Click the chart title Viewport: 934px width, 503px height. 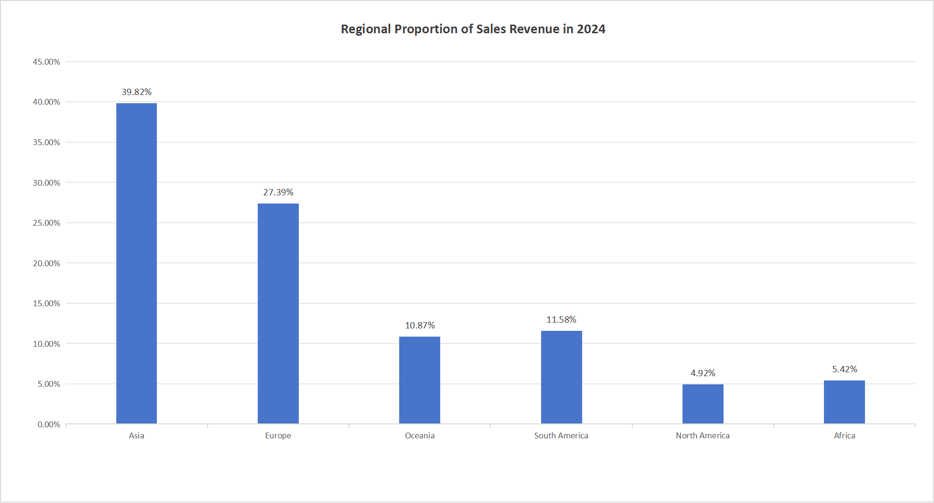(x=473, y=29)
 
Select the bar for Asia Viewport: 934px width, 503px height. (x=137, y=263)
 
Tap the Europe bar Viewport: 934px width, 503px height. (x=278, y=313)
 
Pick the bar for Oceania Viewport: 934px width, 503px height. (x=419, y=380)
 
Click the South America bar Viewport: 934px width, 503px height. (x=561, y=377)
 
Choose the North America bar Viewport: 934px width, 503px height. (x=703, y=404)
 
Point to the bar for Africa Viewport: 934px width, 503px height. (x=844, y=402)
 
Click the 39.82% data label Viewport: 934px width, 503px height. (x=137, y=92)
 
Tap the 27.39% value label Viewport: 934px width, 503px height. (x=278, y=192)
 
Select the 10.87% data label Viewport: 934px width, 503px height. (x=419, y=326)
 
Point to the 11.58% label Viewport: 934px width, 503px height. (x=561, y=320)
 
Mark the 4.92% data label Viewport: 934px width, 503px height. (x=703, y=373)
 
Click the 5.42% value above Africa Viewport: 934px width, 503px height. (x=844, y=369)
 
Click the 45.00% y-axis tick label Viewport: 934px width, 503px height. (x=46, y=62)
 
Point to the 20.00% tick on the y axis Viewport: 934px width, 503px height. (x=46, y=263)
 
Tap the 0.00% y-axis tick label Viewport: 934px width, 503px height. (x=49, y=424)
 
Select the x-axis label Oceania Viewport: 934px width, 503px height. (x=419, y=435)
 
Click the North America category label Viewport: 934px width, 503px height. (x=703, y=435)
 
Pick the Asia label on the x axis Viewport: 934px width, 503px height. (x=137, y=435)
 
